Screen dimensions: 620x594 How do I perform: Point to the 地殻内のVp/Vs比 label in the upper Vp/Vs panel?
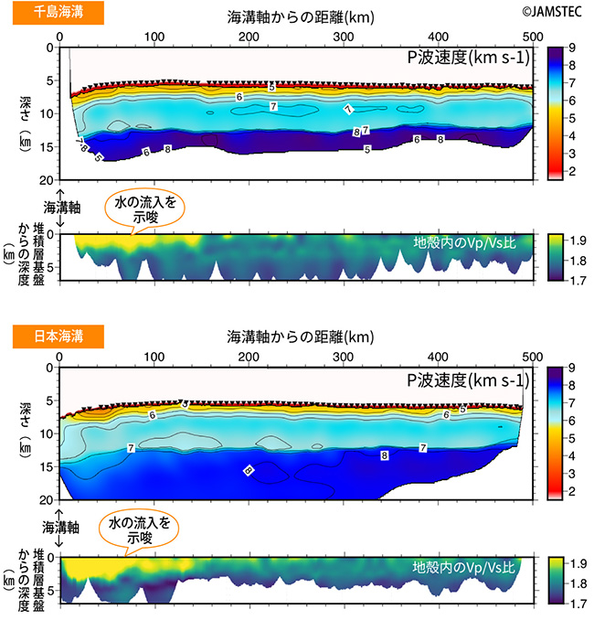[x=464, y=244]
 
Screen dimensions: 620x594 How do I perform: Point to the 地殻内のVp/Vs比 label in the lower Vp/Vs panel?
[x=464, y=567]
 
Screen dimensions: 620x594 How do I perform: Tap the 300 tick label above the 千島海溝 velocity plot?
[x=344, y=37]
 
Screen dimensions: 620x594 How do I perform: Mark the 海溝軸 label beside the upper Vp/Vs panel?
[x=60, y=207]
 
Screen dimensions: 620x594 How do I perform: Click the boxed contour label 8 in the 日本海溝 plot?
[x=384, y=454]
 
